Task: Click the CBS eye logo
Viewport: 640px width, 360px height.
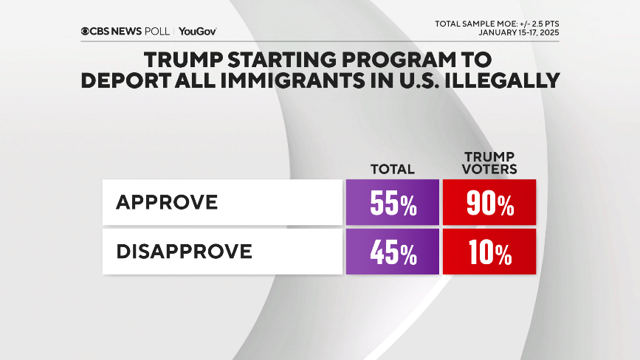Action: pyautogui.click(x=86, y=32)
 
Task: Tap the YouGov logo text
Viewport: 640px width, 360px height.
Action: pyautogui.click(x=197, y=32)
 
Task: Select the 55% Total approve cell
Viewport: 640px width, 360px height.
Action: pyautogui.click(x=392, y=202)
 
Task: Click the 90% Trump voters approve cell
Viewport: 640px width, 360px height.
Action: pyautogui.click(x=489, y=202)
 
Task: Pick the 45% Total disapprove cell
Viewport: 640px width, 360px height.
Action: pyautogui.click(x=392, y=252)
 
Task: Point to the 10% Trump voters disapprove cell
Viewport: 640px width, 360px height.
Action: pyautogui.click(x=489, y=252)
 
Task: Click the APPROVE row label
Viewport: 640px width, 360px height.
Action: pyautogui.click(x=167, y=202)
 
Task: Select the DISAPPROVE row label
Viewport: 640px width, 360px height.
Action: pyautogui.click(x=184, y=252)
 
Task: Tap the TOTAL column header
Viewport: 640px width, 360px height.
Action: pyautogui.click(x=392, y=169)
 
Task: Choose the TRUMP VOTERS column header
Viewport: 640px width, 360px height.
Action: pyautogui.click(x=489, y=163)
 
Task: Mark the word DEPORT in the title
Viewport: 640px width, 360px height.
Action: pyautogui.click(x=126, y=80)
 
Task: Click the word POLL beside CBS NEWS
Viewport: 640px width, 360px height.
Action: pyautogui.click(x=159, y=32)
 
